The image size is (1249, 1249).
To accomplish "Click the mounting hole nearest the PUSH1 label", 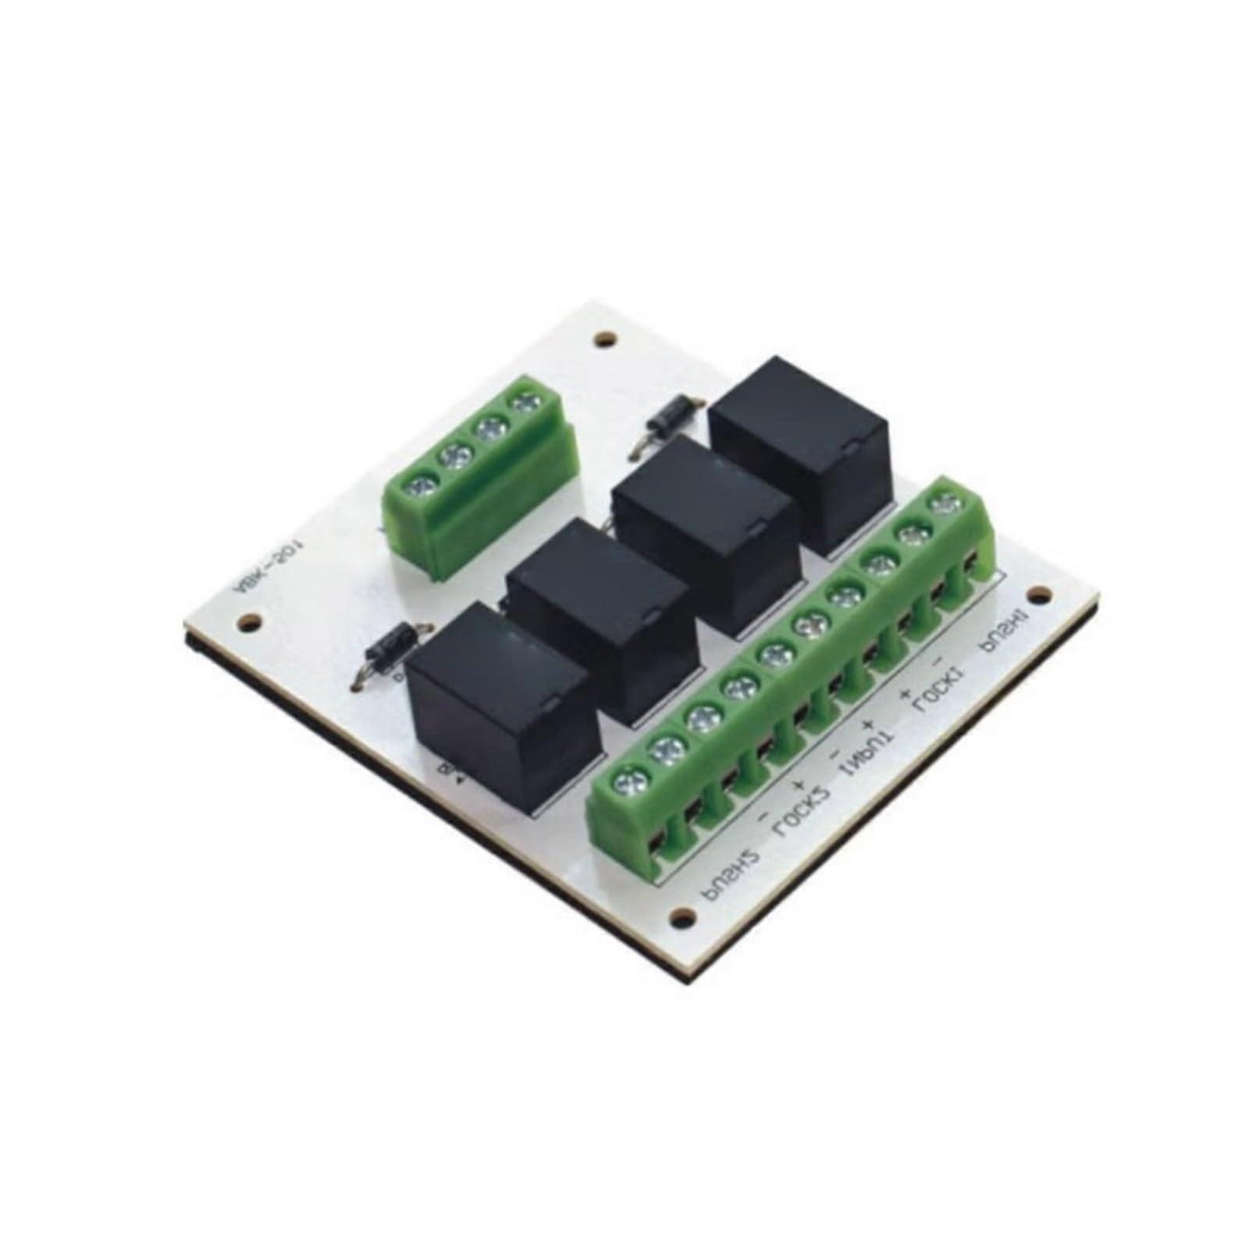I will (1038, 596).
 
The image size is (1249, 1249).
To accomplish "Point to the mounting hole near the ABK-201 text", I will (251, 622).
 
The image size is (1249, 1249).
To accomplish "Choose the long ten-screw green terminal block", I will (788, 679).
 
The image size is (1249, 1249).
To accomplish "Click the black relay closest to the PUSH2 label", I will (504, 703).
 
